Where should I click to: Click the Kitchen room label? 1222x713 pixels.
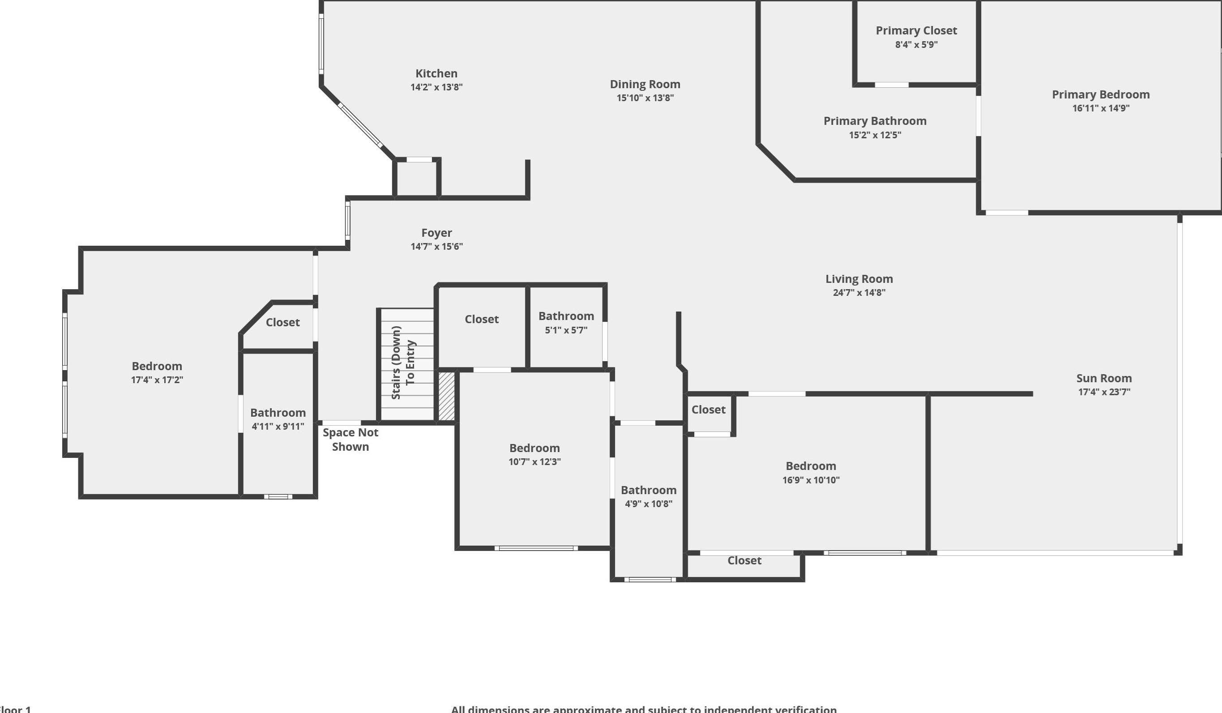(436, 73)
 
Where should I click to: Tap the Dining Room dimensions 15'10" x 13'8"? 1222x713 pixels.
(645, 98)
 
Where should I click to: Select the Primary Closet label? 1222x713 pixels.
(916, 30)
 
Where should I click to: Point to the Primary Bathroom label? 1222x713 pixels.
(875, 121)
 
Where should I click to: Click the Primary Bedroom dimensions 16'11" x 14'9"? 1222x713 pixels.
(1101, 108)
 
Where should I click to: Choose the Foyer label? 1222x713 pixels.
(436, 233)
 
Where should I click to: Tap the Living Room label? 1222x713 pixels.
(859, 279)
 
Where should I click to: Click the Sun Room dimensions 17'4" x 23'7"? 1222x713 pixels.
(1104, 392)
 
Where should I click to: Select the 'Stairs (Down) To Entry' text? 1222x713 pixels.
(403, 363)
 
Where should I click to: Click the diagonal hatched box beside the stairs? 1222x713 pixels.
(447, 396)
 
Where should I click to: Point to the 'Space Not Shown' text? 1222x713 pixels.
(350, 440)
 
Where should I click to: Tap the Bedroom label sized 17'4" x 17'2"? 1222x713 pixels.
(157, 366)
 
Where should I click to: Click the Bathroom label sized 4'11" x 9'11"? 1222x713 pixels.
(278, 413)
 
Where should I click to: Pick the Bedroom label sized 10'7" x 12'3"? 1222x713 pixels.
(534, 448)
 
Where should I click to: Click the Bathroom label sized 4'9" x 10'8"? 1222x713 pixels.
(648, 490)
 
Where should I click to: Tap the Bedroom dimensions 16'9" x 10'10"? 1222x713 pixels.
(811, 480)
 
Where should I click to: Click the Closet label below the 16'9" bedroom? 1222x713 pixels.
(744, 561)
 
